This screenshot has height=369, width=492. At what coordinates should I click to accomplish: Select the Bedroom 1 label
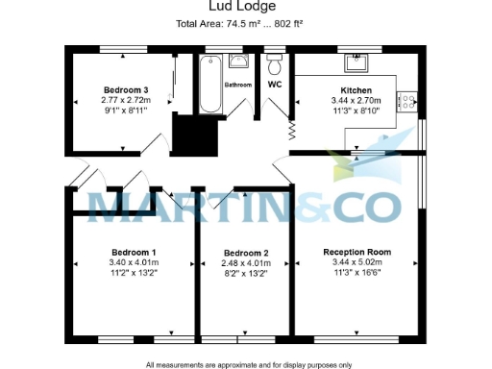point(134,252)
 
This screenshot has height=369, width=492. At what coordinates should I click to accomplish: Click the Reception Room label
point(357,252)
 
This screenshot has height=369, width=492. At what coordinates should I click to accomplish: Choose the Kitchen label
point(357,88)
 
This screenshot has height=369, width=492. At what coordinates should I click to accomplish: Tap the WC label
point(276,85)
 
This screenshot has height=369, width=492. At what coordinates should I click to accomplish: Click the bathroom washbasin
point(240,61)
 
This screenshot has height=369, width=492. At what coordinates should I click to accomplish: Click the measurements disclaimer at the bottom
point(248,364)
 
